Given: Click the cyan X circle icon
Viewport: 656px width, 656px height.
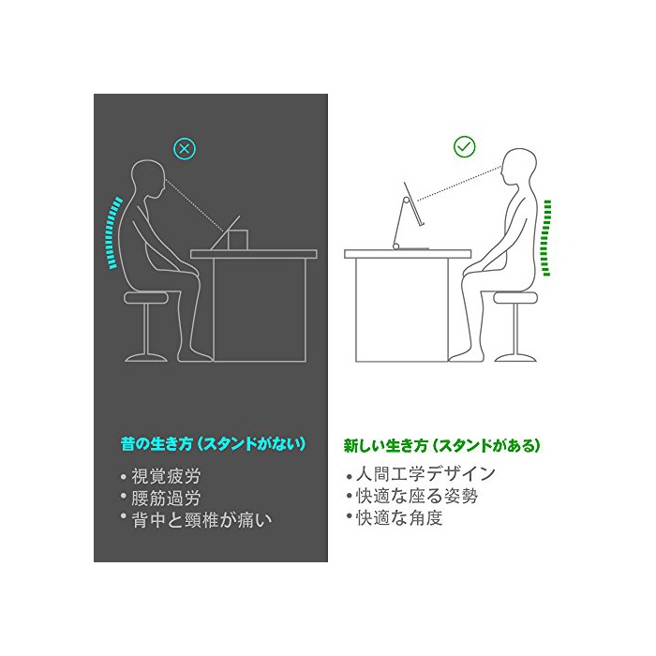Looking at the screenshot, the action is (x=185, y=148).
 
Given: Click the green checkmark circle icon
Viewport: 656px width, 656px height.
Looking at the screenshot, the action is (x=465, y=146).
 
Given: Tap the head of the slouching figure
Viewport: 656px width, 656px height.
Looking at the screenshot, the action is (x=148, y=181).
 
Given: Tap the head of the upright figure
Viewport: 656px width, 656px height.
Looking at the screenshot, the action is (x=520, y=168).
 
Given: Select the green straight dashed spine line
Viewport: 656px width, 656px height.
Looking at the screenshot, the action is (x=546, y=238).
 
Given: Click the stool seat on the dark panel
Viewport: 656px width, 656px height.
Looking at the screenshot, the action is (x=146, y=297).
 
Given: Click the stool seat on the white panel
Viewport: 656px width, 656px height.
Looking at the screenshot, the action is (x=515, y=297).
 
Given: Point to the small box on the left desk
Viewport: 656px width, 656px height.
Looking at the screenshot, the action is (x=238, y=240).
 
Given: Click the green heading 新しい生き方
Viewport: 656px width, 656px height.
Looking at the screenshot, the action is (x=386, y=445).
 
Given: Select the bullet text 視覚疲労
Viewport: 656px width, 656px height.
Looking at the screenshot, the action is (x=166, y=476).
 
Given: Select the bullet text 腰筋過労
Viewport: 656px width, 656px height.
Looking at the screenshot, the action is (x=166, y=498).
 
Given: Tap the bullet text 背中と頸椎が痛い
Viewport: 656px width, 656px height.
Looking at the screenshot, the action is (x=201, y=520).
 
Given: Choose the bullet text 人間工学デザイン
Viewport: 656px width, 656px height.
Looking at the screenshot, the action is (x=425, y=474).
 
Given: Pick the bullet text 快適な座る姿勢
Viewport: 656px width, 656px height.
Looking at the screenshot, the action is (x=417, y=496).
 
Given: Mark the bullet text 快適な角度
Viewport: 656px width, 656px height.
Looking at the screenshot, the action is (x=399, y=518).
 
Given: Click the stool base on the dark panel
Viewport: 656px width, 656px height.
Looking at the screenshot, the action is (x=146, y=358).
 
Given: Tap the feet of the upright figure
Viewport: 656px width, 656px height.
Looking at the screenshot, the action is (x=464, y=356).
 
